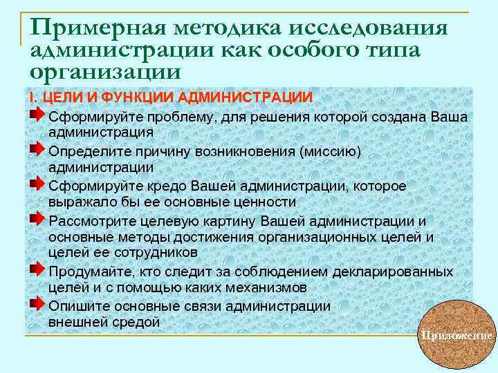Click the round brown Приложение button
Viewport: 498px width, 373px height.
(456, 335)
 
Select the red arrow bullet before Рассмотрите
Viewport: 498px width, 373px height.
(38, 218)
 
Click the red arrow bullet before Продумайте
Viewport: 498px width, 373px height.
(38, 269)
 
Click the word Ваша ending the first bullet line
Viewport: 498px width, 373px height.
(449, 117)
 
